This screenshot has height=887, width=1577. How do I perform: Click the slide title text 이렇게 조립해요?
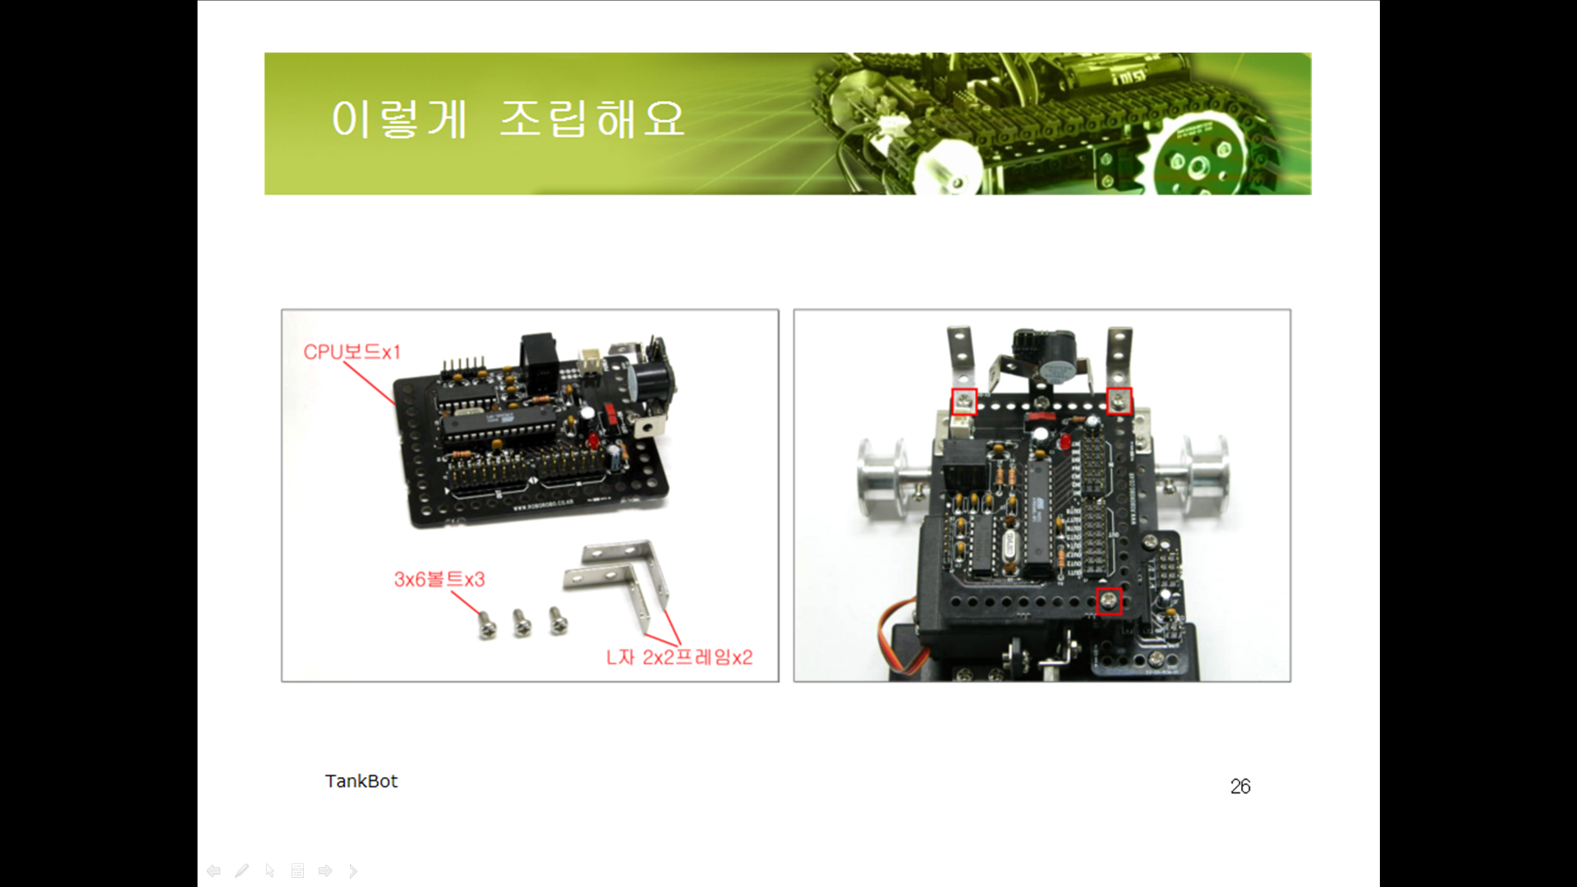[x=508, y=120]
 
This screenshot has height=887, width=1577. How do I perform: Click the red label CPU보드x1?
[x=352, y=352]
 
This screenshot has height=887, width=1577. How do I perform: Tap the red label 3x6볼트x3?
[x=439, y=580]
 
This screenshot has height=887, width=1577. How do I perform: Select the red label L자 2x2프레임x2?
[x=679, y=657]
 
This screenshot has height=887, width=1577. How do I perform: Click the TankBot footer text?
[x=361, y=781]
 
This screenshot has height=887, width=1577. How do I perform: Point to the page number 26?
[x=1240, y=787]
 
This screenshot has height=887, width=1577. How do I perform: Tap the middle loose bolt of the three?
[x=522, y=623]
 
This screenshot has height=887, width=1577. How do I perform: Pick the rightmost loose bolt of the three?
[x=558, y=620]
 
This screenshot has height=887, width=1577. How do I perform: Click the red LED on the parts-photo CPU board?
[x=593, y=441]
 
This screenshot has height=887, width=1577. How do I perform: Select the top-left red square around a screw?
[x=964, y=402]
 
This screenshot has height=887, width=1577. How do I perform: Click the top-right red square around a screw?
[x=1119, y=401]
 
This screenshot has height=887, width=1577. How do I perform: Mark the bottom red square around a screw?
[x=1109, y=601]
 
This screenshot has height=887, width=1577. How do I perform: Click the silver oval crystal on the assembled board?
[x=1009, y=545]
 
